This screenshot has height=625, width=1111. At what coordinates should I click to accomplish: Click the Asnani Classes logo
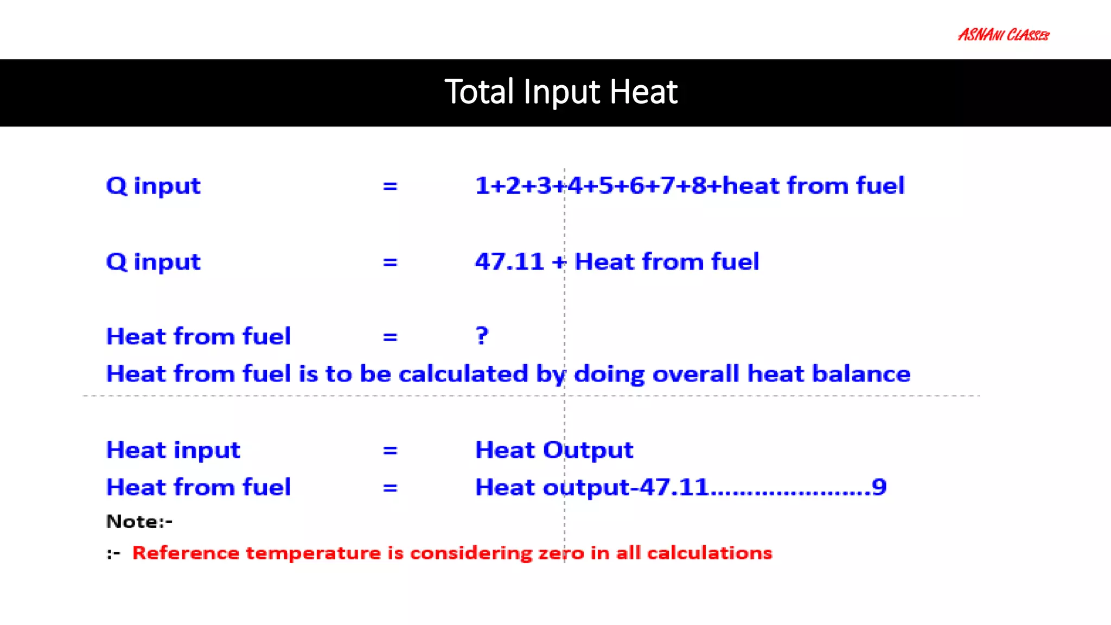tap(1004, 35)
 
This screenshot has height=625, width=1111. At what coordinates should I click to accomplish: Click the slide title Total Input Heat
tap(561, 92)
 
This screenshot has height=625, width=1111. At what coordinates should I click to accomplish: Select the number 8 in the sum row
tap(698, 186)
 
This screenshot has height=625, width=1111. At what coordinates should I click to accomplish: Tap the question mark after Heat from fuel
tap(482, 336)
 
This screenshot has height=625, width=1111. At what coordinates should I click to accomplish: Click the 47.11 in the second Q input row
tap(509, 262)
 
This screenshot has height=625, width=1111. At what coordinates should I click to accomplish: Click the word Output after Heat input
tap(588, 450)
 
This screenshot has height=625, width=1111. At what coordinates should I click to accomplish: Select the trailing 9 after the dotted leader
tap(879, 487)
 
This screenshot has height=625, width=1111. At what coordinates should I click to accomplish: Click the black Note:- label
tap(139, 521)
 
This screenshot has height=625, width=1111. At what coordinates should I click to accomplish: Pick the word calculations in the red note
tap(709, 553)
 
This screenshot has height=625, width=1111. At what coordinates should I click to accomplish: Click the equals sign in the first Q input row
tap(390, 186)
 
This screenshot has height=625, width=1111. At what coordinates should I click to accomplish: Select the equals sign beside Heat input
tap(390, 450)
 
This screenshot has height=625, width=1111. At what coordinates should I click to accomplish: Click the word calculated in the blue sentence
tap(463, 374)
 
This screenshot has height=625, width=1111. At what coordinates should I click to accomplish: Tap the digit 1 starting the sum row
tap(482, 186)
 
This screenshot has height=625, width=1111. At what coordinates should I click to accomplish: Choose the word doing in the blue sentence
tap(609, 374)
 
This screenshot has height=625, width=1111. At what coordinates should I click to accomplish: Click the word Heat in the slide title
tap(643, 92)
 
